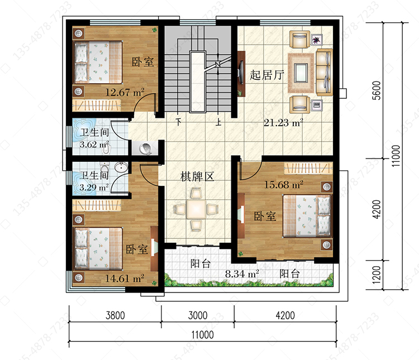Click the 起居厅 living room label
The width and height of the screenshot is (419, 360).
click(x=266, y=75)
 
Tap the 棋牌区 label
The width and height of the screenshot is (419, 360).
click(x=197, y=176)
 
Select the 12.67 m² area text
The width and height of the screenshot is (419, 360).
click(x=125, y=93)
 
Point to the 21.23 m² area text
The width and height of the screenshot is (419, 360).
click(x=283, y=123)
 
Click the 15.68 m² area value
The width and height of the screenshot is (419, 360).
click(x=283, y=185)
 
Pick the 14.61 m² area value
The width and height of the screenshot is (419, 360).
click(x=125, y=279)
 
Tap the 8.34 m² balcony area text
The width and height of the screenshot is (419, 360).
click(x=242, y=273)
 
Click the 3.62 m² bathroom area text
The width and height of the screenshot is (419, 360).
click(x=94, y=145)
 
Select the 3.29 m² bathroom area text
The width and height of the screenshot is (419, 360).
click(x=94, y=187)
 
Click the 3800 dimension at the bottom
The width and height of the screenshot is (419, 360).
click(x=115, y=315)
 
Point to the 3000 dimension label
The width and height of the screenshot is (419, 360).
click(x=198, y=315)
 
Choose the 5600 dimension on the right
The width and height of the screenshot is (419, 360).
click(x=377, y=90)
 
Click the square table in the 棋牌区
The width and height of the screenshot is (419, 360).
click(x=197, y=209)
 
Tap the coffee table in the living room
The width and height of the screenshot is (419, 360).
click(x=301, y=73)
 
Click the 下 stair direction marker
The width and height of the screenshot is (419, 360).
click(x=179, y=122)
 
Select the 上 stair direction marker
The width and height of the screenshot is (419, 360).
click(x=218, y=122)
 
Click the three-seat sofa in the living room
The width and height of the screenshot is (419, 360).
click(x=325, y=72)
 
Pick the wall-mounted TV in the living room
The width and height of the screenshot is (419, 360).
click(x=241, y=73)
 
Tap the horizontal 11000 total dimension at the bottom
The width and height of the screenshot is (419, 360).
click(x=203, y=335)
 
